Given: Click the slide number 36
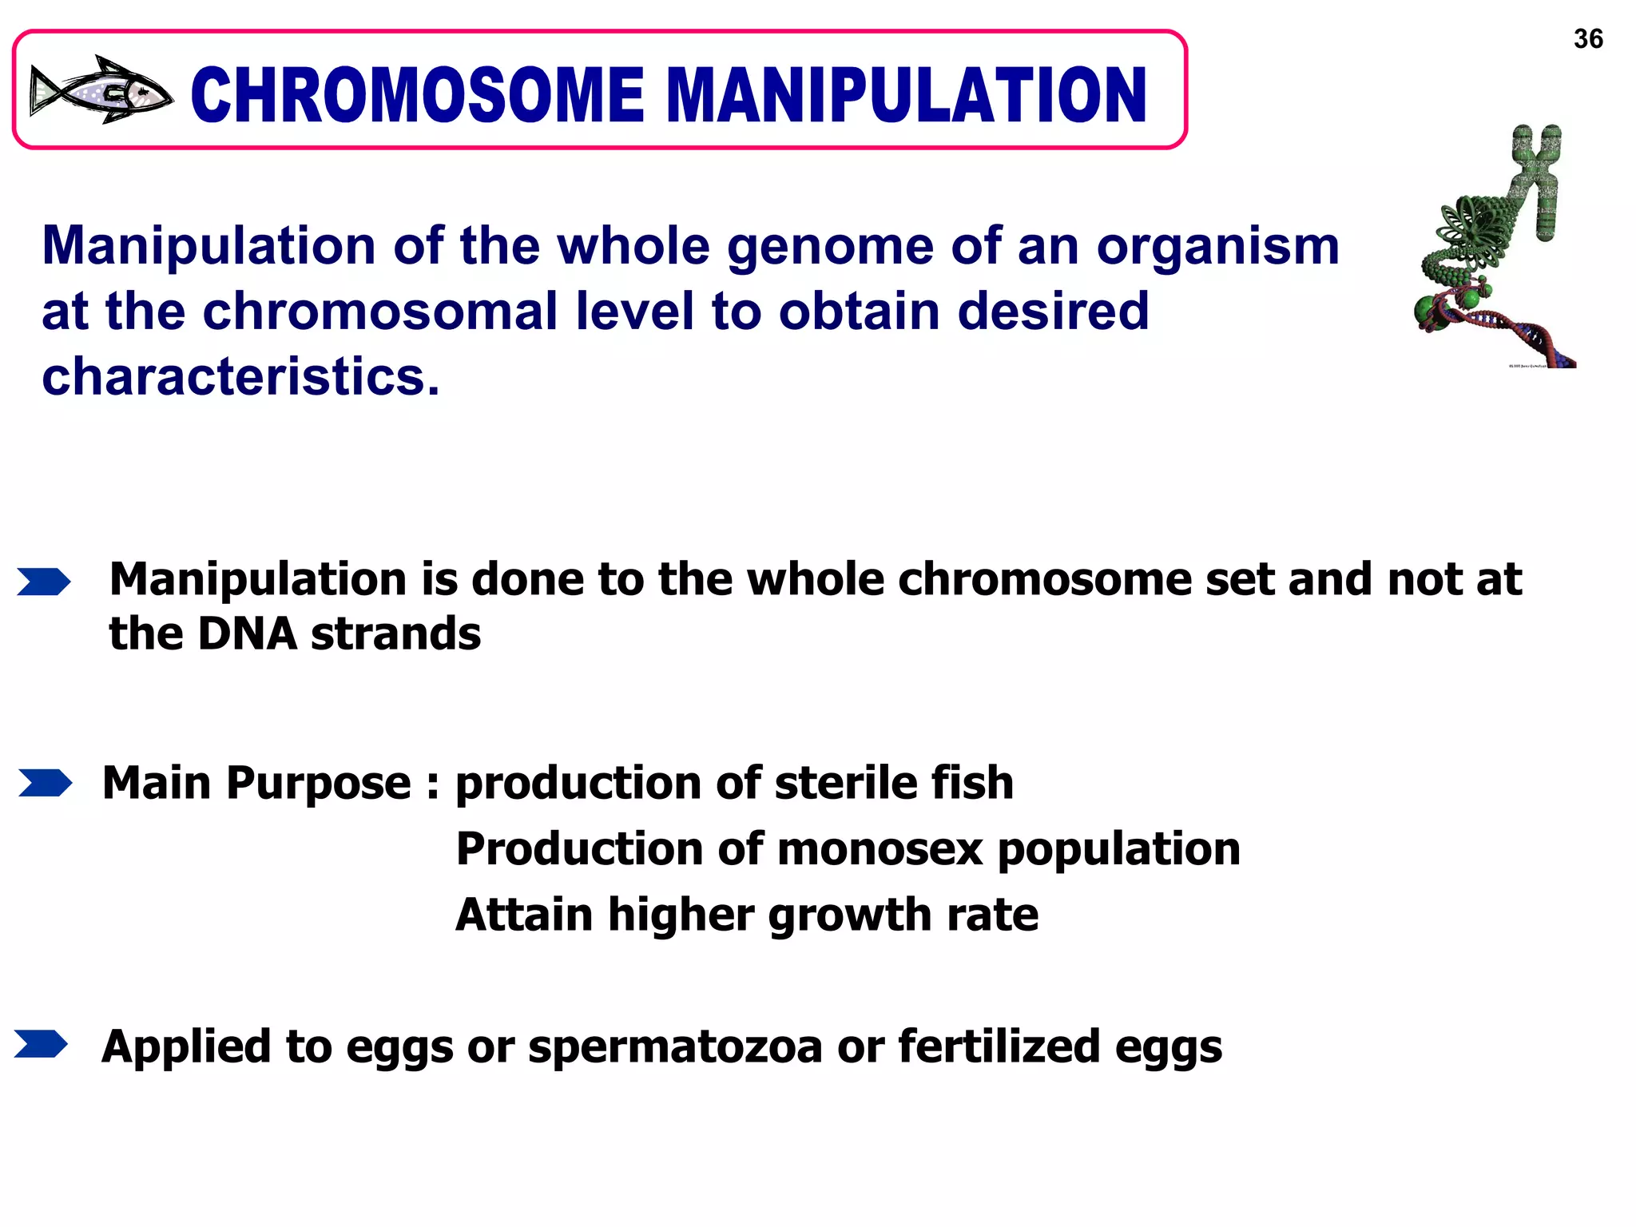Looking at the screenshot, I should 1588,38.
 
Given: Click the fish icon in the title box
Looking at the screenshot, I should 101,90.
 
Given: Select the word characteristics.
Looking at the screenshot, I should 240,377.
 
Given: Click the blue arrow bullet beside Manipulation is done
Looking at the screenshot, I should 43,582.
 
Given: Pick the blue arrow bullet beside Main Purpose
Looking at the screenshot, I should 45,783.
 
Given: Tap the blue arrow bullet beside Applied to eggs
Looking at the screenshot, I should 41,1044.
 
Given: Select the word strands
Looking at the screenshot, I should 395,634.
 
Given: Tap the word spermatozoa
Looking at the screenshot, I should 675,1046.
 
